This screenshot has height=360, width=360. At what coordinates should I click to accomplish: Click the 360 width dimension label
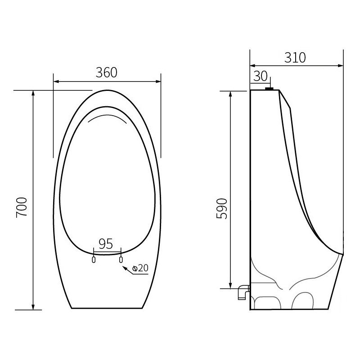coord(107,72)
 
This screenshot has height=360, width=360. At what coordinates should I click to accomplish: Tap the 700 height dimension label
coord(22,207)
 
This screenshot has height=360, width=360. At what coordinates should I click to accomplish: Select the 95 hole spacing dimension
coord(106,244)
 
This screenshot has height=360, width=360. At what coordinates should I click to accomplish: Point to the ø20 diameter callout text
coord(140,268)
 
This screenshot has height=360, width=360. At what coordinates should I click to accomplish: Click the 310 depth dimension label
coord(295,58)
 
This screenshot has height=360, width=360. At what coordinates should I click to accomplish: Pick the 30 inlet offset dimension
coord(260,76)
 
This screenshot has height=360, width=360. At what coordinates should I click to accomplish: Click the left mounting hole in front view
coord(94,259)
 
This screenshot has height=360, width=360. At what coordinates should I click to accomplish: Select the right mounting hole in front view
coord(121,259)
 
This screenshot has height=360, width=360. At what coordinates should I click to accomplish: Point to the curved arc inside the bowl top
coord(107,117)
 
